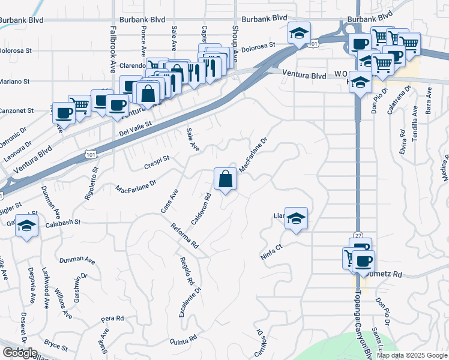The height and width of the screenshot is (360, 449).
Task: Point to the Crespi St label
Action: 157,162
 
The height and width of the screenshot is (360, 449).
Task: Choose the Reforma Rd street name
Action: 184,236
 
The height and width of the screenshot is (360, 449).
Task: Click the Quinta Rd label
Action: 184,340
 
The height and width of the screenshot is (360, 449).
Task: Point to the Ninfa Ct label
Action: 271,251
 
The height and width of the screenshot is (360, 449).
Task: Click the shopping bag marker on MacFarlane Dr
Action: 225,179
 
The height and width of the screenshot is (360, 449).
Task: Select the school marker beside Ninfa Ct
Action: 296,218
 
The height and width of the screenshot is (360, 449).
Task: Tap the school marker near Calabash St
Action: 26,226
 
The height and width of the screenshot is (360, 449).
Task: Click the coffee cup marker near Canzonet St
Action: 64,112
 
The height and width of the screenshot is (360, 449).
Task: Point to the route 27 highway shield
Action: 359,236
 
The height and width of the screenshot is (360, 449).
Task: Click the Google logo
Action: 19,353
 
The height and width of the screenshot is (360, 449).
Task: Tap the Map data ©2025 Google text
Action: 412,355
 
